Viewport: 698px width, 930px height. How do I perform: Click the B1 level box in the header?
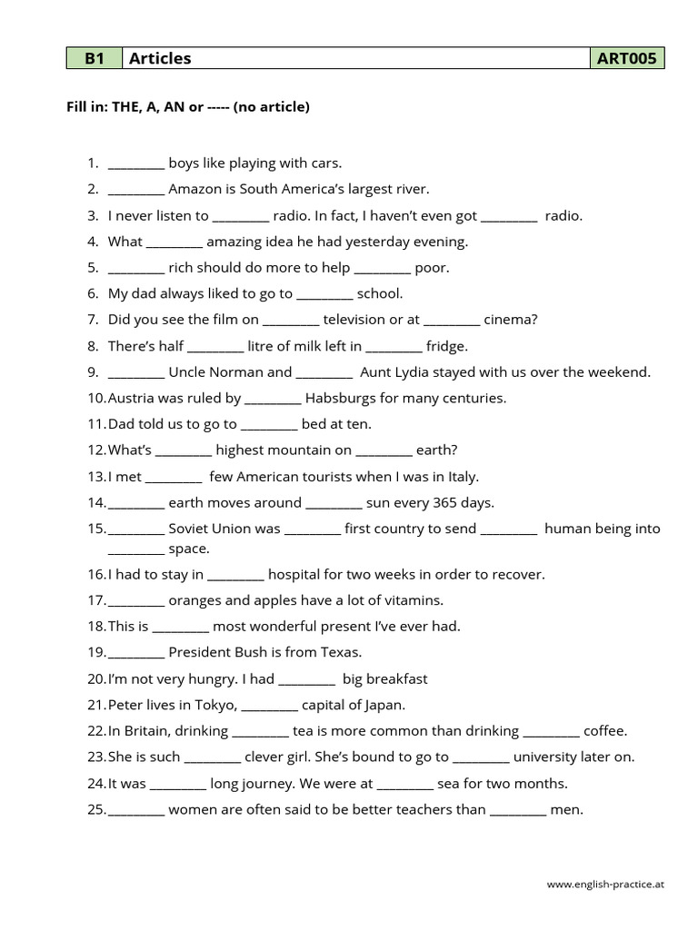point(94,59)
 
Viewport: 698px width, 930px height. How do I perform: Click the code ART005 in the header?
point(626,59)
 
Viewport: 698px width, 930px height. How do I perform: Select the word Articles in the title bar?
point(160,59)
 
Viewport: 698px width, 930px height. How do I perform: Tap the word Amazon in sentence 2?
point(194,190)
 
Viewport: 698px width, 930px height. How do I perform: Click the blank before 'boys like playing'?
point(136,165)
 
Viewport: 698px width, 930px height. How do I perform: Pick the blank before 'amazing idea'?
point(174,243)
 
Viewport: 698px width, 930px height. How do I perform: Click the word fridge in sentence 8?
point(447,347)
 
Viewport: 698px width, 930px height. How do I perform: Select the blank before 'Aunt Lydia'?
point(324,373)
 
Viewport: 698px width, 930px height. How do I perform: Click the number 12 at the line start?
point(95,450)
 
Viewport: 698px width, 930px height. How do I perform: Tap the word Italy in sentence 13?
point(462,477)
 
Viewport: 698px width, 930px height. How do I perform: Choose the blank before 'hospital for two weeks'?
point(235,576)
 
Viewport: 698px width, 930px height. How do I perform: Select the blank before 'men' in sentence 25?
point(518,811)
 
